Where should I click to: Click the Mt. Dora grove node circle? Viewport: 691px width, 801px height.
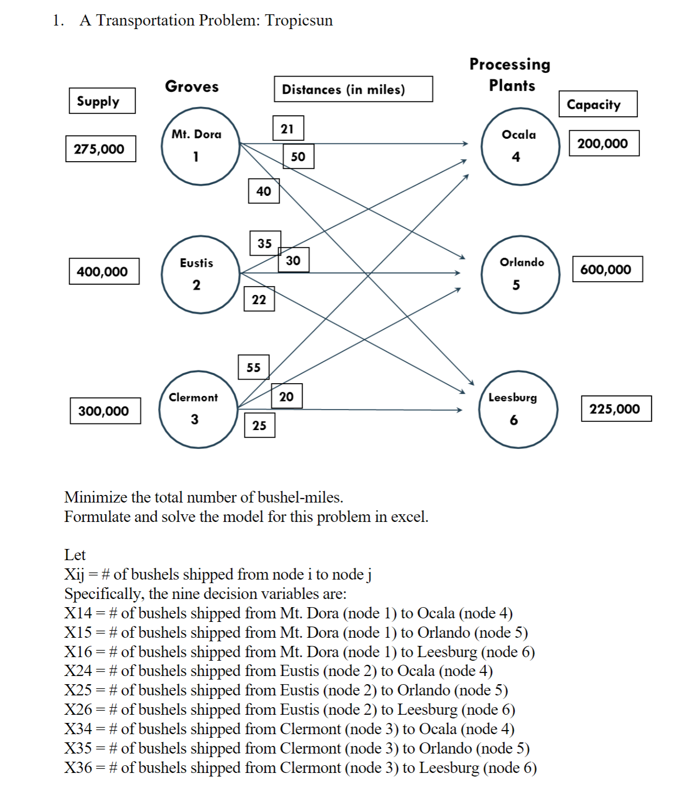(x=200, y=146)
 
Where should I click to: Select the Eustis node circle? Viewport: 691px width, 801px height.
(x=200, y=274)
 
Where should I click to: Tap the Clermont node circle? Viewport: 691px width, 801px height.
(x=198, y=409)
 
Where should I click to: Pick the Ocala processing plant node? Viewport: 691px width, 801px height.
(x=520, y=146)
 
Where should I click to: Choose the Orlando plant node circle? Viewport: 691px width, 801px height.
(x=520, y=274)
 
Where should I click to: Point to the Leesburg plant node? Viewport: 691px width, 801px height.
(x=518, y=409)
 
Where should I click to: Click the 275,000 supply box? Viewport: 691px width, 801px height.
(x=101, y=149)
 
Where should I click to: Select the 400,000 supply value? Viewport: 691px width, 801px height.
(x=104, y=271)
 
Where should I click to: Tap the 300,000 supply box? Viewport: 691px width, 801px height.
(x=105, y=411)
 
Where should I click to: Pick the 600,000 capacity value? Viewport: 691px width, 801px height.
(x=607, y=269)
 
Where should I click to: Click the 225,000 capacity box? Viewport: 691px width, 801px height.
(x=616, y=409)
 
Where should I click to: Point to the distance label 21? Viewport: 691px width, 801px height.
(x=288, y=129)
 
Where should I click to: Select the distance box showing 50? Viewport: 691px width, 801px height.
(x=298, y=156)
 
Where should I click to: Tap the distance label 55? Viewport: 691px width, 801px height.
(x=253, y=367)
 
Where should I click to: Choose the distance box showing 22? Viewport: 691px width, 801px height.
(x=259, y=299)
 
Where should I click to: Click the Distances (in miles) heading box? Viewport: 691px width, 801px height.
(x=353, y=89)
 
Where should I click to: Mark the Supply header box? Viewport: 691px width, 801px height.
(x=102, y=101)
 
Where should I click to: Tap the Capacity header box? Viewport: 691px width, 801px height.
(x=598, y=104)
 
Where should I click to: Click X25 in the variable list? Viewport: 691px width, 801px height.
(x=78, y=690)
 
